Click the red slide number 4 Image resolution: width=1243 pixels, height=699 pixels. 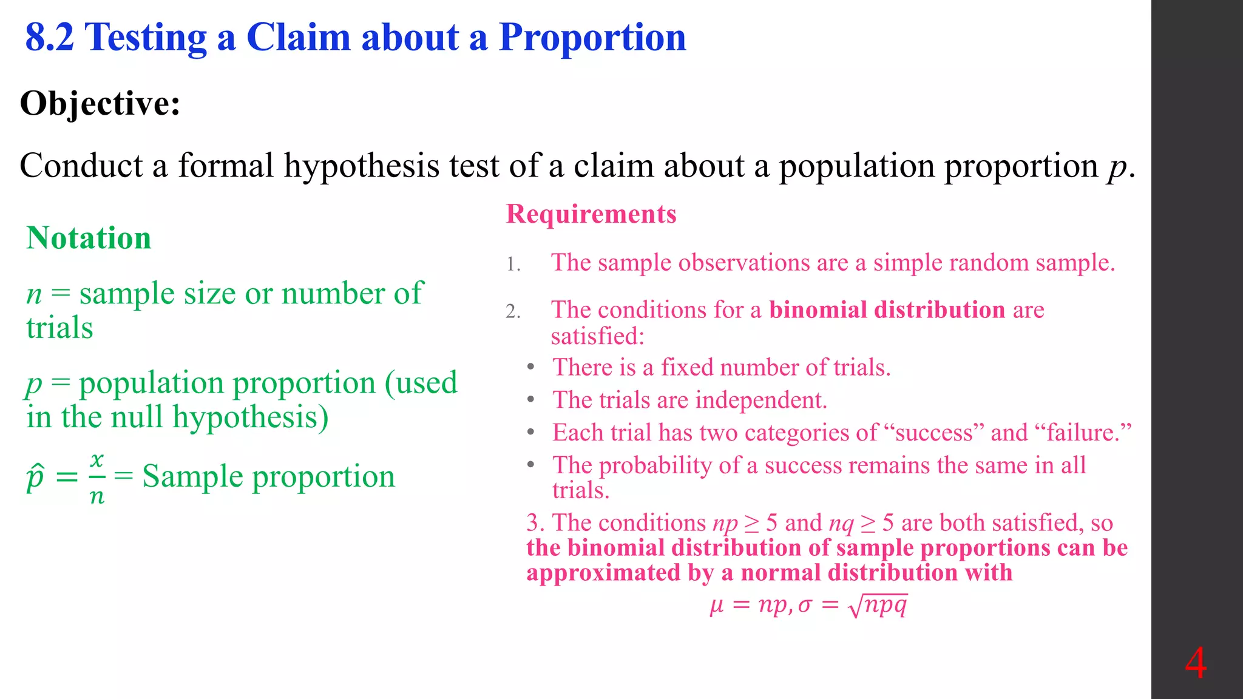(1195, 663)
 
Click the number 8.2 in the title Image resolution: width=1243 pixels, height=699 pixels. (50, 38)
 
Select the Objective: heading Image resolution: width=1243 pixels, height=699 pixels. (100, 103)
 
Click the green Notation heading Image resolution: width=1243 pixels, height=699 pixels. (89, 238)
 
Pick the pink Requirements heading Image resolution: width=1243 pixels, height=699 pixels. (591, 214)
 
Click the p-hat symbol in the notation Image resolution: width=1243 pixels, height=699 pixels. (36, 476)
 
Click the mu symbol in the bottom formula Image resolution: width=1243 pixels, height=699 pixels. (717, 606)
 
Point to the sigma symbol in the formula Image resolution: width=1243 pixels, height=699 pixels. (805, 606)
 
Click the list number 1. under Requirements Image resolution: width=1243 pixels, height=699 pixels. (513, 265)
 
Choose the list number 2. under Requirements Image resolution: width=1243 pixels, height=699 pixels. (513, 312)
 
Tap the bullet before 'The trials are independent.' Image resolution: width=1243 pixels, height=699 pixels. (531, 400)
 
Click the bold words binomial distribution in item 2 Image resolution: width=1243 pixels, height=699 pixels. (887, 310)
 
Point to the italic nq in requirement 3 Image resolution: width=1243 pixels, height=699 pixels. (841, 523)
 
